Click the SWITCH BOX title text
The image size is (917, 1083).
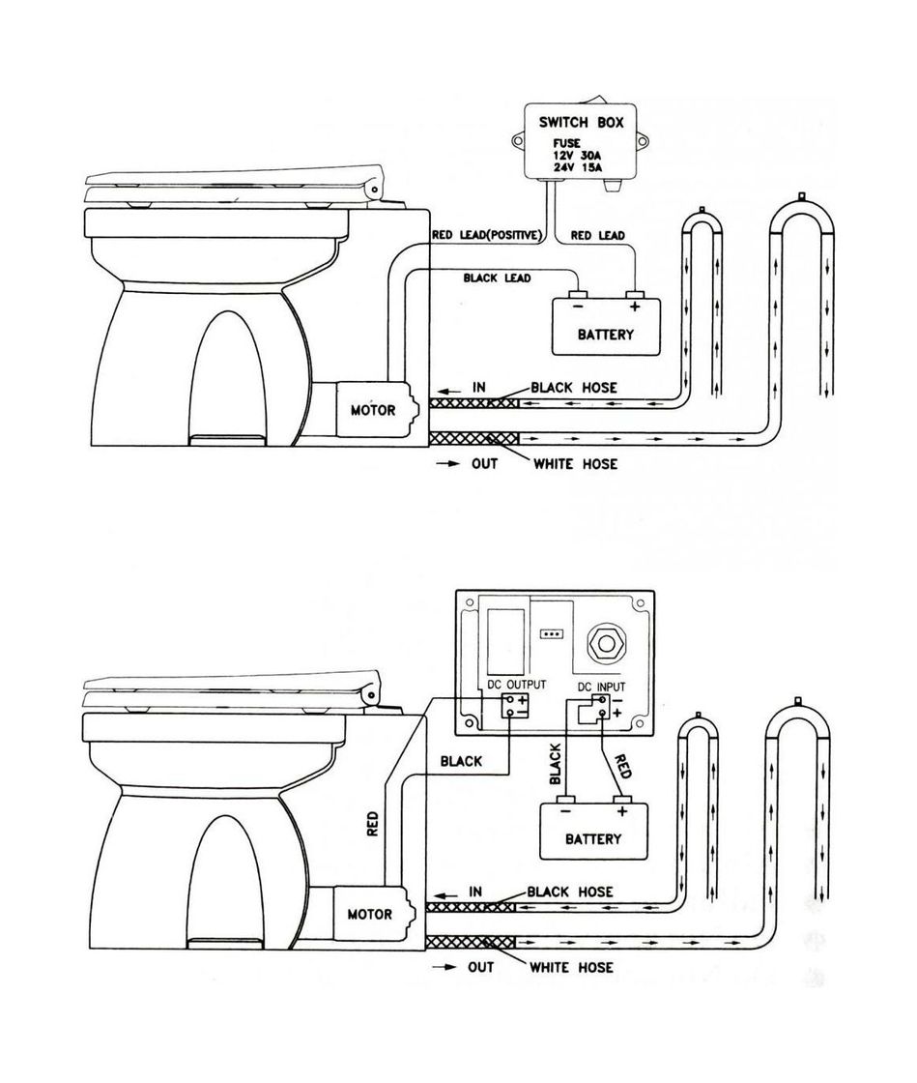click(581, 124)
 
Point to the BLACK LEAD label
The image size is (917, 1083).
click(497, 278)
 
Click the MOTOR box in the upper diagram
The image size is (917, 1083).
click(372, 409)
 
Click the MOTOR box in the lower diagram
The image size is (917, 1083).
click(369, 913)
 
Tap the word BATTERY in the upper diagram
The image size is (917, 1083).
click(606, 335)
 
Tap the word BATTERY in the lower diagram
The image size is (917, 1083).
click(593, 838)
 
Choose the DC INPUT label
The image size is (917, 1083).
click(601, 686)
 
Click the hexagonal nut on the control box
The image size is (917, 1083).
click(604, 641)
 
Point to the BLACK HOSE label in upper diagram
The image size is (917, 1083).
click(573, 388)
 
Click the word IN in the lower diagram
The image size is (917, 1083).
click(475, 891)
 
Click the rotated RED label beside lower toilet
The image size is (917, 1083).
click(373, 823)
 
